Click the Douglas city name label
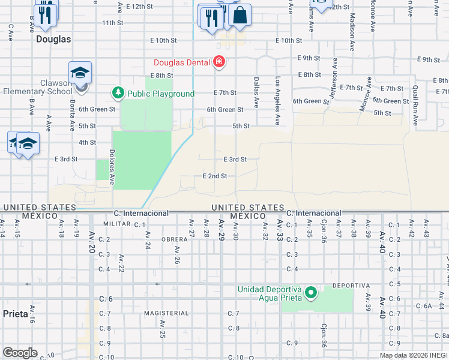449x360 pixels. pyautogui.click(x=53, y=39)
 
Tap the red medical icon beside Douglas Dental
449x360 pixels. pyautogui.click(x=219, y=62)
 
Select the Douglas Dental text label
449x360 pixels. pyautogui.click(x=181, y=62)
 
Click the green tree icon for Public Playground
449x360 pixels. pyautogui.click(x=118, y=93)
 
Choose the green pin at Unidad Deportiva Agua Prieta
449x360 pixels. pyautogui.click(x=310, y=293)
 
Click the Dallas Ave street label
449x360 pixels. pyautogui.click(x=256, y=92)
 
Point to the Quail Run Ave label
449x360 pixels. pyautogui.click(x=415, y=105)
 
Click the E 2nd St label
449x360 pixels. pyautogui.click(x=214, y=176)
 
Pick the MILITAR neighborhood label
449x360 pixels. pyautogui.click(x=116, y=223)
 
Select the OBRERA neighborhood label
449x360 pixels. pyautogui.click(x=175, y=239)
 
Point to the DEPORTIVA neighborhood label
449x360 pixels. pyautogui.click(x=349, y=284)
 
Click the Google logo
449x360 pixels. pyautogui.click(x=20, y=353)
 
